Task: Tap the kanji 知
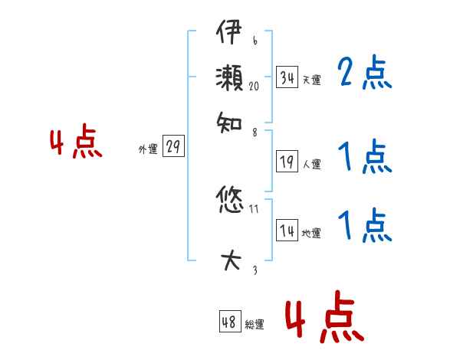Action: (x=229, y=121)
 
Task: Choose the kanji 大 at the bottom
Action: (x=229, y=260)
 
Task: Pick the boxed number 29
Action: (x=174, y=148)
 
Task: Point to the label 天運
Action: (x=311, y=80)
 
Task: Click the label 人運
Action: (x=311, y=164)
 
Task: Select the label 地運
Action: (x=311, y=234)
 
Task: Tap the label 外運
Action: (x=147, y=150)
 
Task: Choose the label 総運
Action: (x=255, y=325)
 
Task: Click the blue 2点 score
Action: (x=364, y=74)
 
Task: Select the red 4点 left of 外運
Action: (x=76, y=144)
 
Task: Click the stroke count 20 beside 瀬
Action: (x=254, y=87)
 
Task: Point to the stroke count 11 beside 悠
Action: (x=254, y=208)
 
